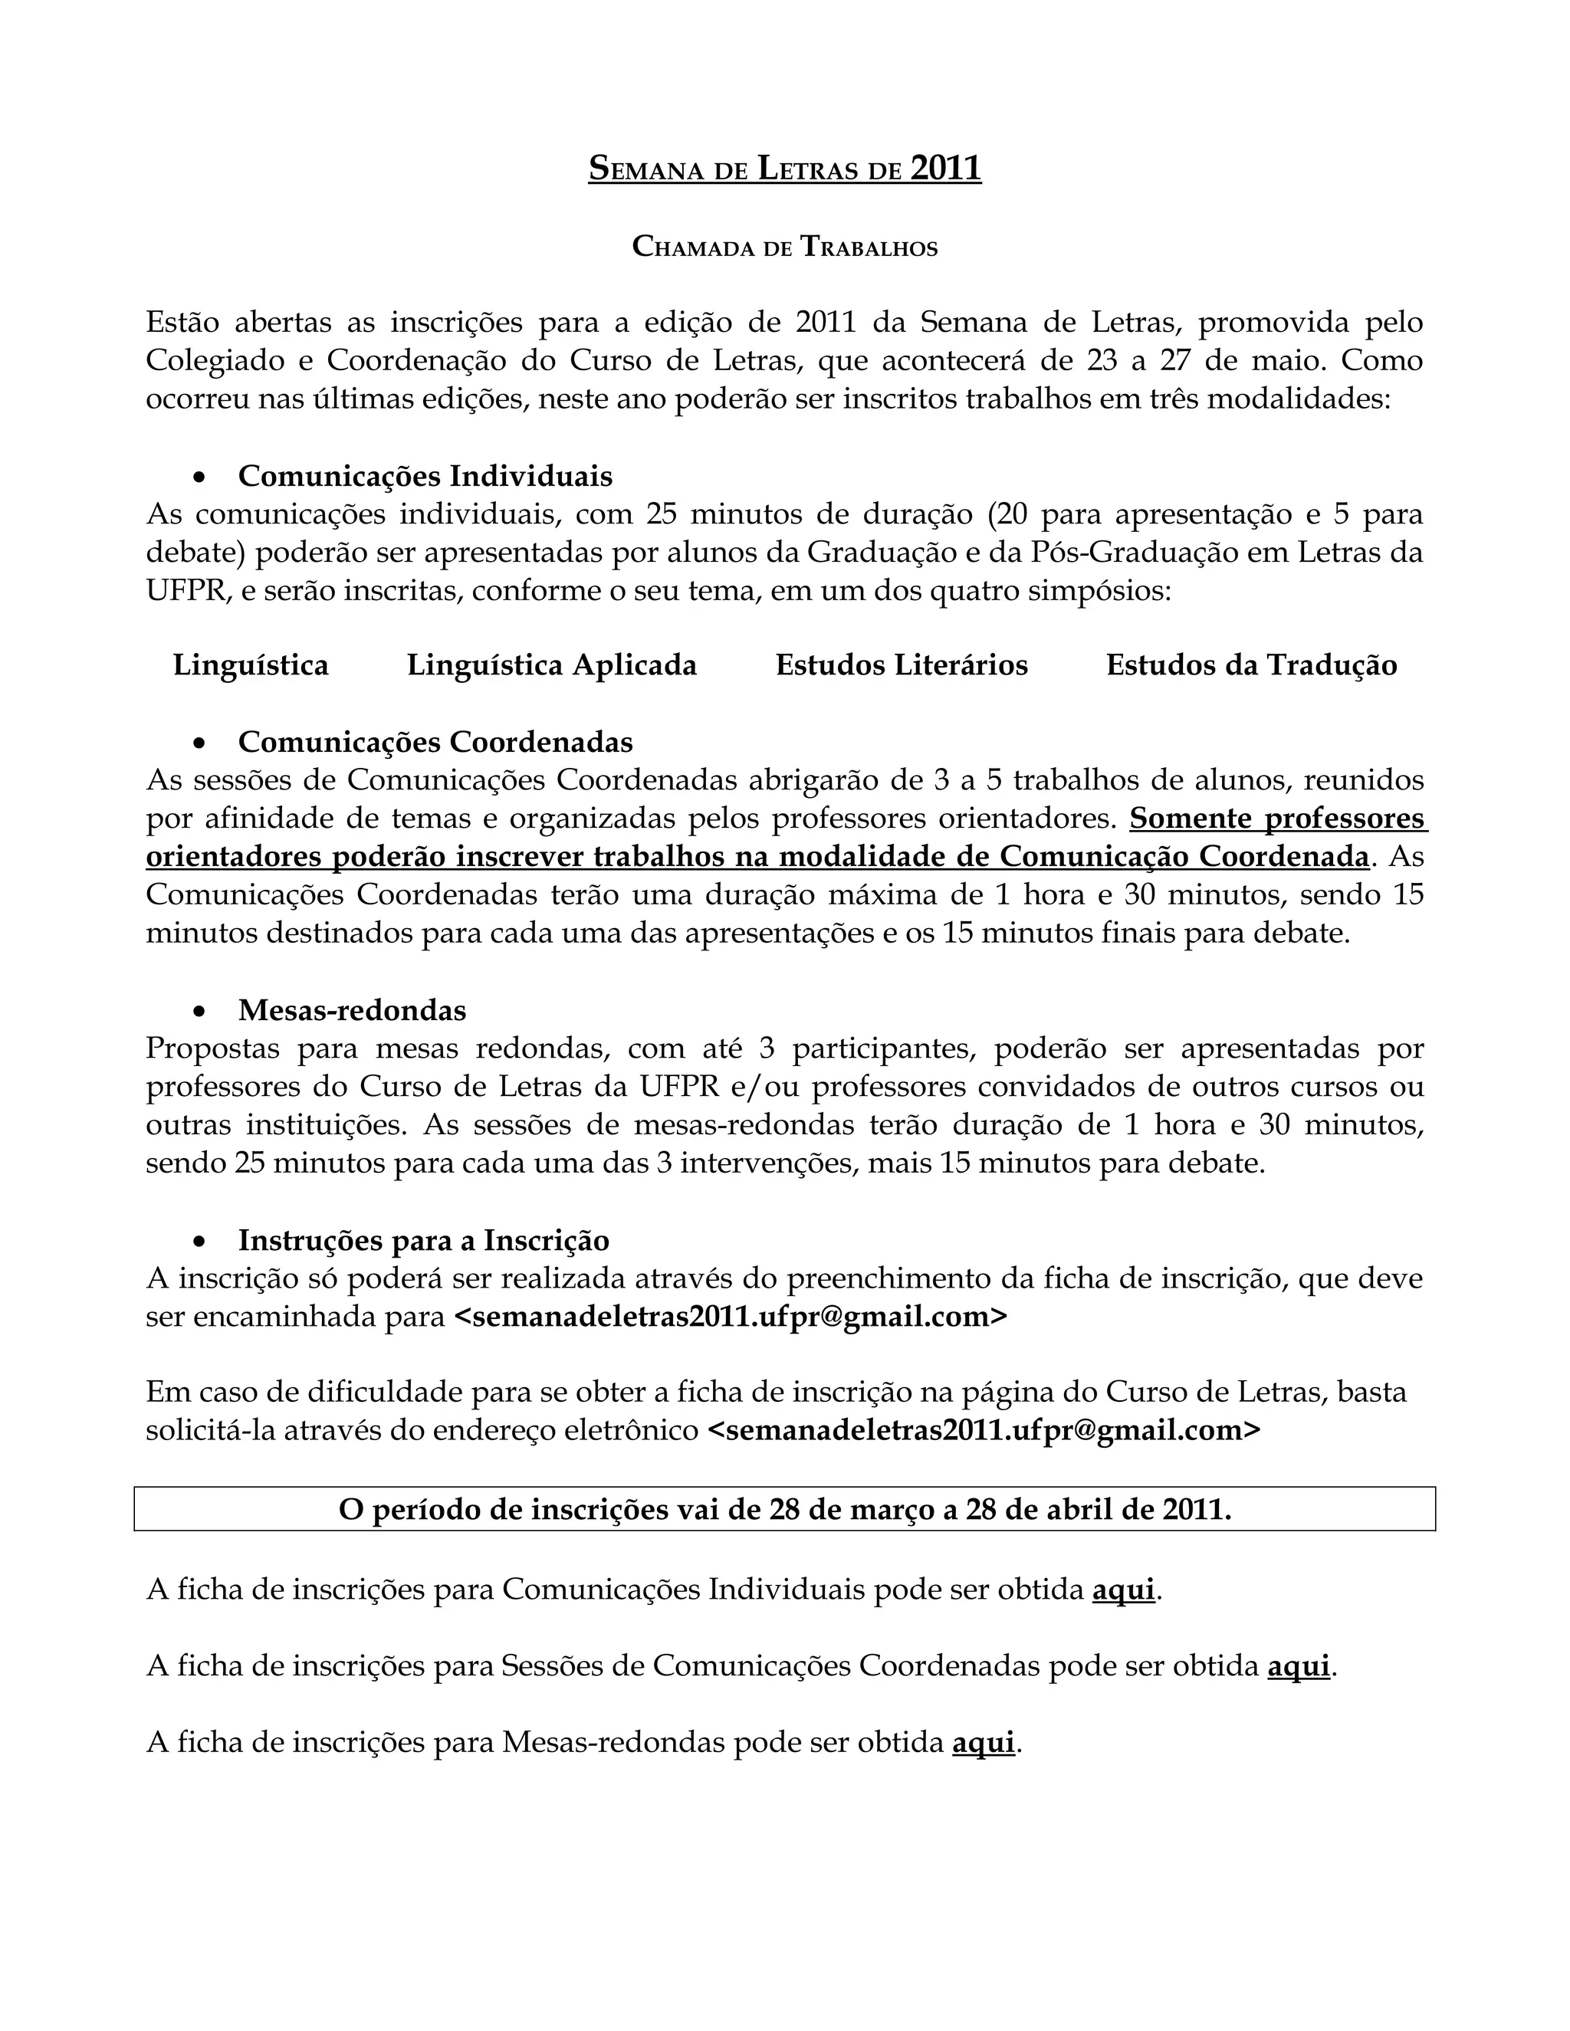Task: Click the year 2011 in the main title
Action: pos(945,169)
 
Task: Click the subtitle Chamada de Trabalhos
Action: pos(785,247)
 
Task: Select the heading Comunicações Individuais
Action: pos(425,475)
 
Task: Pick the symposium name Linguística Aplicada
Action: pos(551,665)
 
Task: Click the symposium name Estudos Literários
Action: pos(902,665)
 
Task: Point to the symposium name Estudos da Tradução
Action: pos(1251,665)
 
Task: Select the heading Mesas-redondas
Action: pos(352,1010)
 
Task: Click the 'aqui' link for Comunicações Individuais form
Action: pos(1124,1590)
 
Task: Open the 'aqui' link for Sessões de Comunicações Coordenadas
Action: pos(1299,1666)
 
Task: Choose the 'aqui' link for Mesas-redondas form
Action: pos(983,1743)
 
